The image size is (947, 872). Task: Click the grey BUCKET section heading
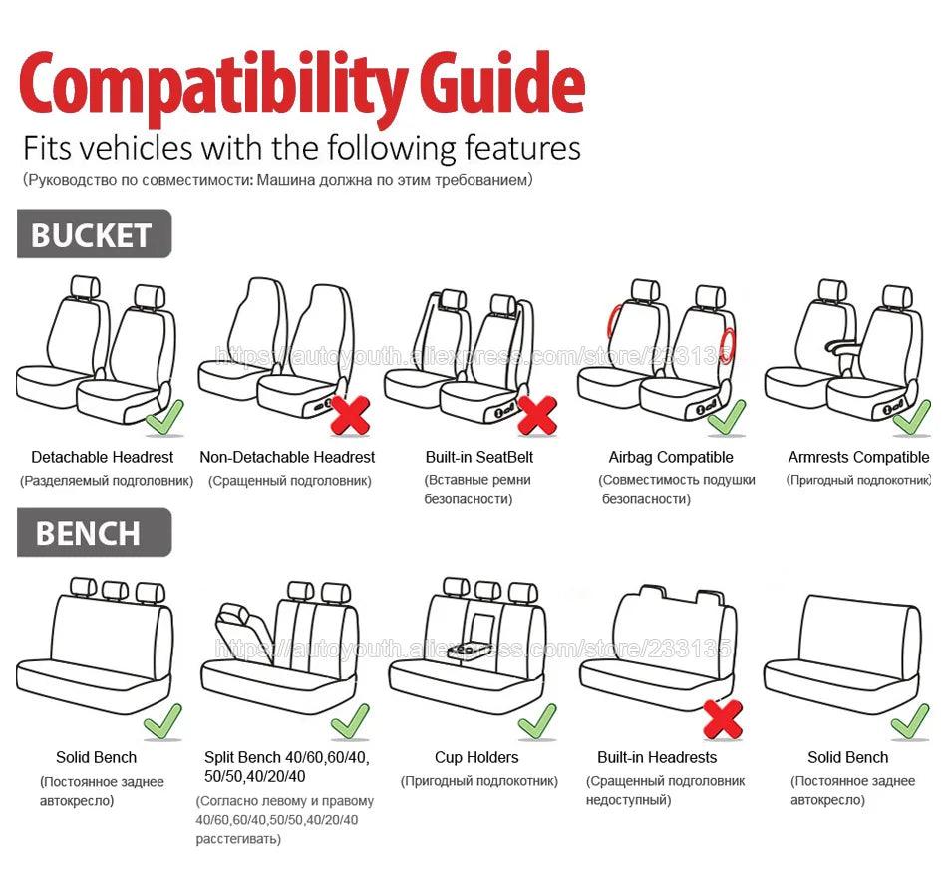click(93, 234)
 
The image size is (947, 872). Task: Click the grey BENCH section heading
click(93, 533)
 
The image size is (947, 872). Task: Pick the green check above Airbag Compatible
click(726, 416)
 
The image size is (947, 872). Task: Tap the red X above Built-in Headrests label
click(723, 718)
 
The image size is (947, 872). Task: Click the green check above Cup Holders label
click(536, 720)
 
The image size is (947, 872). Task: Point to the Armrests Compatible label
click(857, 457)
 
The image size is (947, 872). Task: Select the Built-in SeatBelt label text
click(478, 457)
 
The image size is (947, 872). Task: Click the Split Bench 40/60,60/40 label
click(286, 757)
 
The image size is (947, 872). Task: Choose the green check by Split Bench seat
click(350, 720)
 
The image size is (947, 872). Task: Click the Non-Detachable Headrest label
click(287, 457)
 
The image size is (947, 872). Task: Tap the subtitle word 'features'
click(522, 148)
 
